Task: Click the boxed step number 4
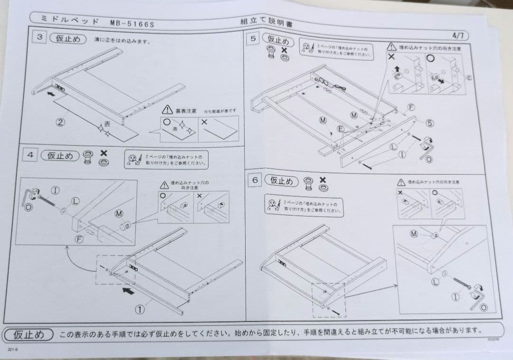click(30, 155)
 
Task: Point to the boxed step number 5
click(254, 39)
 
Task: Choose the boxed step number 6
click(256, 180)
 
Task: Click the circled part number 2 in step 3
click(60, 122)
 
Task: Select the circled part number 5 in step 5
click(430, 123)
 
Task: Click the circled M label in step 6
click(414, 234)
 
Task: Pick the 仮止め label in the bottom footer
click(28, 334)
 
